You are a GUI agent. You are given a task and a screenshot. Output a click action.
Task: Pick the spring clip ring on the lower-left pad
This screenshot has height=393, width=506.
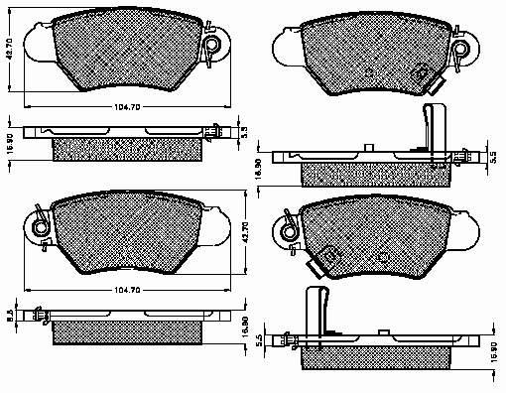pos(39,227)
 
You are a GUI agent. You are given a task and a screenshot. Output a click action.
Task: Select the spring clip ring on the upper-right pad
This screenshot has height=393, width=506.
pos(459,45)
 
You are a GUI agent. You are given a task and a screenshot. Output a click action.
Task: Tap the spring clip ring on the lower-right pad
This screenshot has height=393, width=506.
pos(289,230)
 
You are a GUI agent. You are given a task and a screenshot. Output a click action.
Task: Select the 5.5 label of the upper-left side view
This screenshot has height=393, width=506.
pos(244,132)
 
